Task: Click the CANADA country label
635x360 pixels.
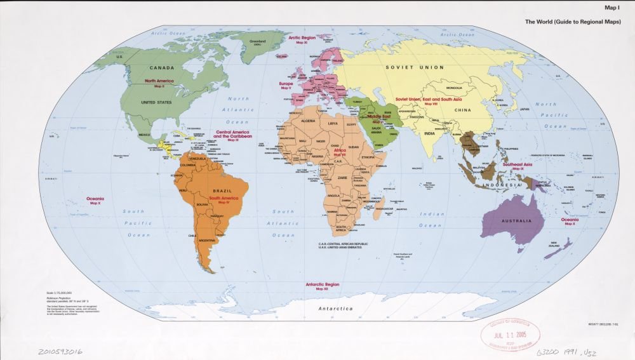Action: (x=161, y=67)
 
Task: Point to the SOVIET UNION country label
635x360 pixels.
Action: (x=415, y=67)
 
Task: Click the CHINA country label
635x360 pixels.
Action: (x=462, y=110)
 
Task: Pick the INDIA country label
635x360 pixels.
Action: (x=430, y=134)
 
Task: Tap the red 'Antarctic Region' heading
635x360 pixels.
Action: (x=323, y=284)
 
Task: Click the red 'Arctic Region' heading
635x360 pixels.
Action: (x=302, y=37)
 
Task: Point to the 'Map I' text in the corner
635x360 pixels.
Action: (x=613, y=8)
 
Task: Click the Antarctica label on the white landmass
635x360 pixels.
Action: (x=335, y=309)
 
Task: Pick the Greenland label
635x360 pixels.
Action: (x=257, y=41)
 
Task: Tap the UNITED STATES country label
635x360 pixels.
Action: (x=156, y=102)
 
